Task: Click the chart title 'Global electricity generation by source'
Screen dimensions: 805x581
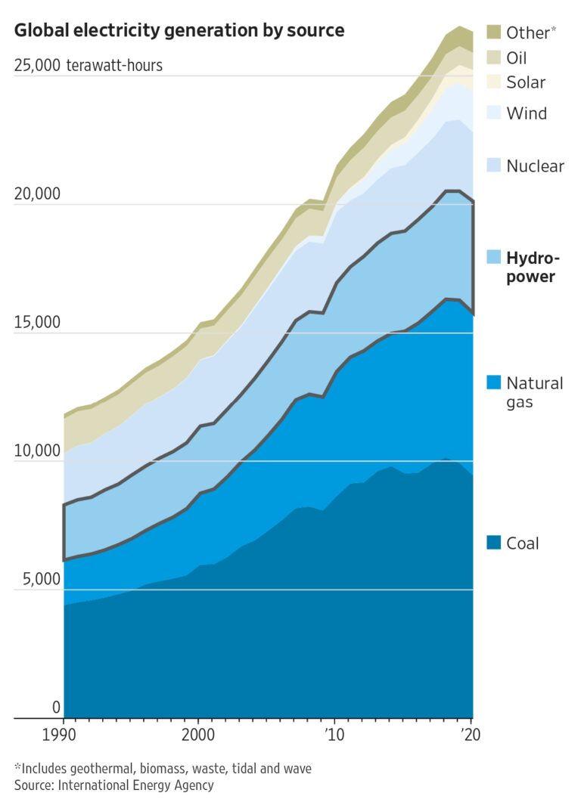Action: (179, 31)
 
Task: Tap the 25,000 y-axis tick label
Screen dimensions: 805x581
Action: (36, 66)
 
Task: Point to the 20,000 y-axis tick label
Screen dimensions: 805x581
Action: (36, 194)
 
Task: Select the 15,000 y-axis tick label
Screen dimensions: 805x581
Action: (36, 323)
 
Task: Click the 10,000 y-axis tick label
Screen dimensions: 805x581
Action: (36, 451)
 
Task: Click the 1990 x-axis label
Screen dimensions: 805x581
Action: (63, 735)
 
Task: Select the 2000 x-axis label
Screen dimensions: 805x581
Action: (198, 735)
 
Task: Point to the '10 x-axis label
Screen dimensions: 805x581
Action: (334, 735)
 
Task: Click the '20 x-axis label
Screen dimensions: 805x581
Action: (471, 735)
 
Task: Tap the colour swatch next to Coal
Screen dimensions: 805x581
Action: (493, 543)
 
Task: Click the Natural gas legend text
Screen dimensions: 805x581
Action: (534, 392)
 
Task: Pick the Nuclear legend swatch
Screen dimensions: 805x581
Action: (493, 166)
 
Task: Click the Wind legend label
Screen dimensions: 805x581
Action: (527, 113)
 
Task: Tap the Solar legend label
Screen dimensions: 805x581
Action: (526, 82)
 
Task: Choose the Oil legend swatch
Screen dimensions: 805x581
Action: (493, 57)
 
